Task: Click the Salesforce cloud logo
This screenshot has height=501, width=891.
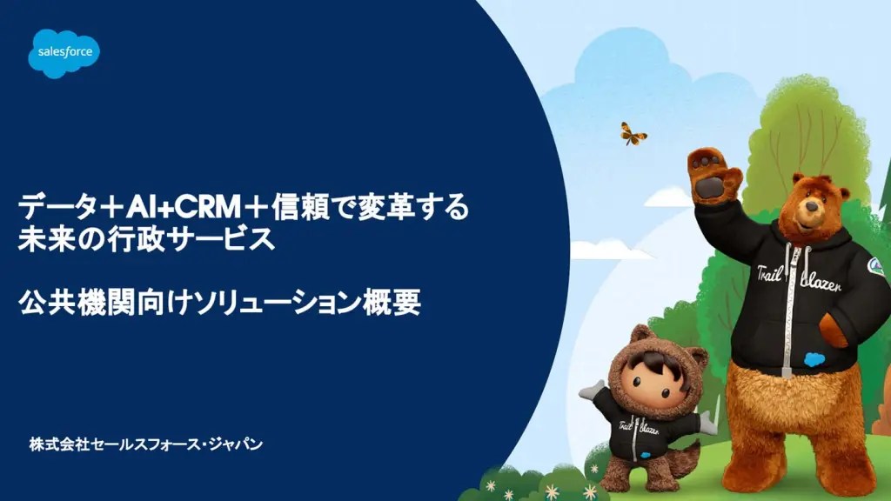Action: pos(64,53)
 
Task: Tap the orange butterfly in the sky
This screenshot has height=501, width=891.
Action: pos(633,134)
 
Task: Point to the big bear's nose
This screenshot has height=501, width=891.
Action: pos(812,207)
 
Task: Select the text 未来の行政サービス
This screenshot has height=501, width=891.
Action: pos(147,240)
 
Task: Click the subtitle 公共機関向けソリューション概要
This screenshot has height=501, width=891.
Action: pos(220,302)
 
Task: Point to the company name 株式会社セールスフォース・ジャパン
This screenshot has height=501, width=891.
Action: pos(146,444)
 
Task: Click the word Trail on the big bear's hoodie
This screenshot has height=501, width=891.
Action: pos(770,271)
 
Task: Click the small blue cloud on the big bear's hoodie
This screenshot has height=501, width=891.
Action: pos(814,359)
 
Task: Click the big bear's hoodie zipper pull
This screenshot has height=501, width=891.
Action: pos(787,371)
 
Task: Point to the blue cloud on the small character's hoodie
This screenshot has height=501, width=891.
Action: pos(645,455)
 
